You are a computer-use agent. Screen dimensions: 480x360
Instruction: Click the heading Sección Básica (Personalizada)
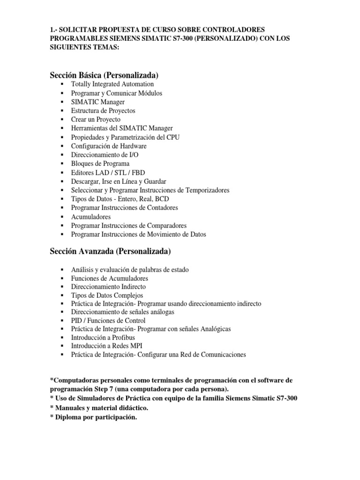click(104, 75)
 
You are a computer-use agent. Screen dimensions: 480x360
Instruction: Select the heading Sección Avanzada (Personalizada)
click(110, 252)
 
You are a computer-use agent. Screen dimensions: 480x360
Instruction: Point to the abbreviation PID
click(77, 321)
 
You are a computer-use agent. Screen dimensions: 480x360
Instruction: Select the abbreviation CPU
click(173, 137)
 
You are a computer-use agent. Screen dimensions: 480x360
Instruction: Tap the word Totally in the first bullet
click(82, 84)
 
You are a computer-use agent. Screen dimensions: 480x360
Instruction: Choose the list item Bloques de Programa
click(100, 163)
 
